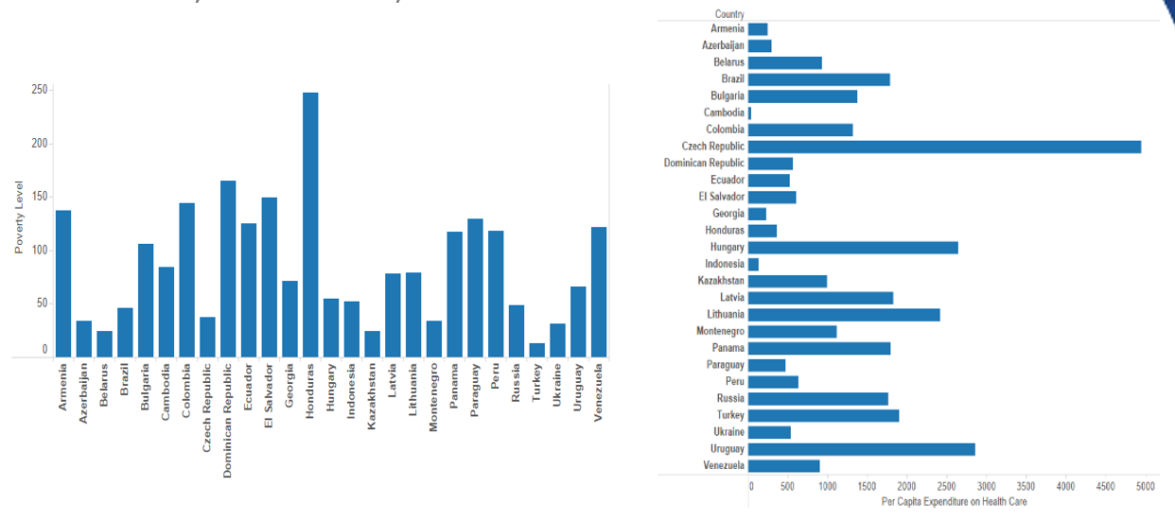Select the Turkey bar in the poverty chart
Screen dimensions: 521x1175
coord(536,350)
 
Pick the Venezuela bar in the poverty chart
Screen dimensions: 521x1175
coord(598,292)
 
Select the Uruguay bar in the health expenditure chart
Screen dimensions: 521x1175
coord(862,449)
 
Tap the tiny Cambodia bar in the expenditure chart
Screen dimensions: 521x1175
coord(750,113)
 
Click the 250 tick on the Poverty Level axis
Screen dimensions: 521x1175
coord(39,91)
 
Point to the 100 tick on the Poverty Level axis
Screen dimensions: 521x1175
coord(39,251)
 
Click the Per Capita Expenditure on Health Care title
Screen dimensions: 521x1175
coord(953,502)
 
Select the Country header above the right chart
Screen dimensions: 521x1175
coord(729,14)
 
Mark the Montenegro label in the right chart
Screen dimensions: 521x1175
coord(720,332)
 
